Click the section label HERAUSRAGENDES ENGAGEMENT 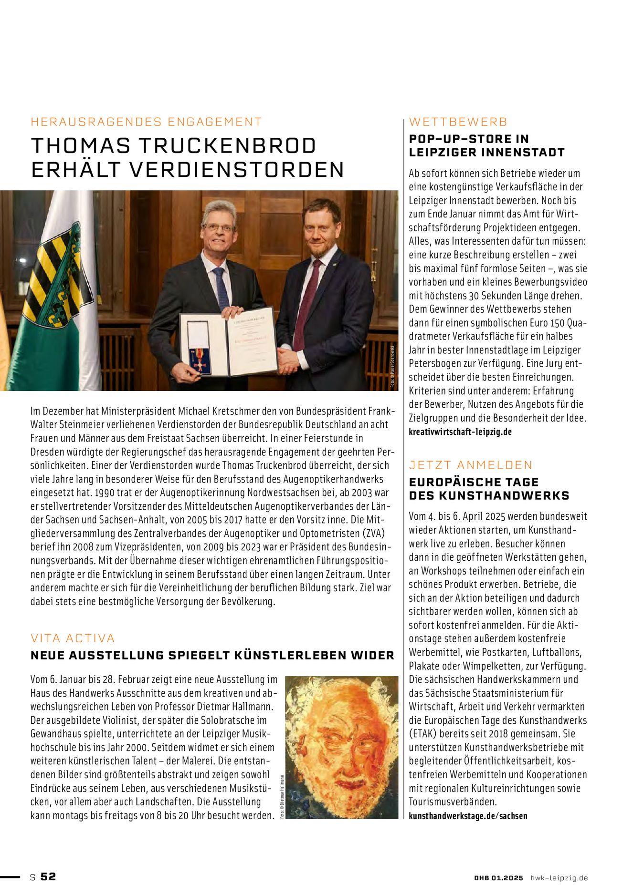pos(146,122)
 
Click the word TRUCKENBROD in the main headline pos(225,146)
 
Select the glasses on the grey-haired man pos(219,228)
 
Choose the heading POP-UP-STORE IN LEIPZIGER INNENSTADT pos(486,146)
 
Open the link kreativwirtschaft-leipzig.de pos(460,432)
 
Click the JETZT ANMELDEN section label pos(471,465)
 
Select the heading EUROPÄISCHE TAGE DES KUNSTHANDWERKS pos(489,489)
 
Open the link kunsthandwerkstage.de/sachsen pos(468,816)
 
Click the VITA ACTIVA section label pos(73,638)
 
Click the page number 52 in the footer pos(48,877)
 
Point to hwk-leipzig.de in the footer pos(559,878)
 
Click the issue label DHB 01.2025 pos(498,878)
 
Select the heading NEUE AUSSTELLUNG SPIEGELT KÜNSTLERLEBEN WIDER pos(212,656)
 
